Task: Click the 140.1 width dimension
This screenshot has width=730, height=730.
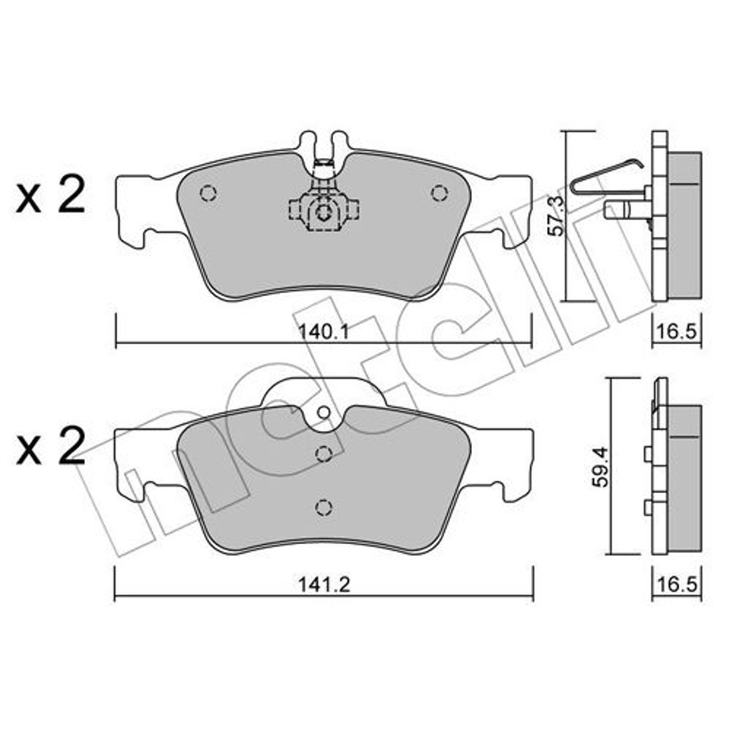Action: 323,331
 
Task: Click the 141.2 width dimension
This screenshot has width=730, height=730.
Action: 324,585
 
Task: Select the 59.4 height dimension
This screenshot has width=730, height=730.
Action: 600,467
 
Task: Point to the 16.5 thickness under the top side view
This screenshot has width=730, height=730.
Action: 677,331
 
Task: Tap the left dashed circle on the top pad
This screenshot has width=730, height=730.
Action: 208,193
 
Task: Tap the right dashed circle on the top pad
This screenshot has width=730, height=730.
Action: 439,193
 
